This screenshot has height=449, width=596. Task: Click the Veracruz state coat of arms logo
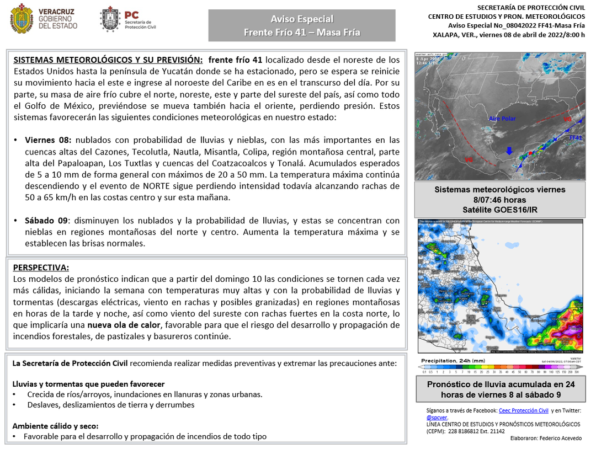click(x=21, y=18)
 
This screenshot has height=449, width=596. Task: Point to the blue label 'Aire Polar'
click(x=502, y=119)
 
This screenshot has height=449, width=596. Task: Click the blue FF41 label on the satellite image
click(x=576, y=137)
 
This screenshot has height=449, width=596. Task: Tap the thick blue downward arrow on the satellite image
click(x=510, y=151)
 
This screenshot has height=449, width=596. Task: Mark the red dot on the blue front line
click(x=530, y=153)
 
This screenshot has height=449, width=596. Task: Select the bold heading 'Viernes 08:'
click(x=47, y=140)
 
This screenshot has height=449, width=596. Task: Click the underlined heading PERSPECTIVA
click(x=41, y=268)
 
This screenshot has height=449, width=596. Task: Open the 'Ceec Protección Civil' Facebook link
click(x=523, y=411)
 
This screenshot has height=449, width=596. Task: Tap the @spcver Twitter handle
click(x=436, y=418)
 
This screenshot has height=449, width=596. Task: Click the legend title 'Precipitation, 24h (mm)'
click(x=453, y=361)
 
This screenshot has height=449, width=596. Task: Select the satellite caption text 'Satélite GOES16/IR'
click(x=499, y=210)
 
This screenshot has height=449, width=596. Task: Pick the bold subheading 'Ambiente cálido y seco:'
click(x=55, y=426)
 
